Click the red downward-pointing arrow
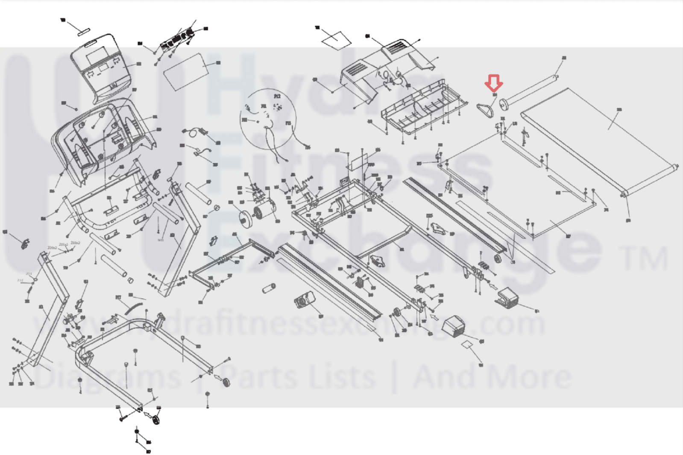[x=494, y=82]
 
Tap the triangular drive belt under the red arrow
[x=486, y=110]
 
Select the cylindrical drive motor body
[x=264, y=211]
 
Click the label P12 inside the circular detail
[x=277, y=97]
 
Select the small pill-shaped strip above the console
[x=82, y=30]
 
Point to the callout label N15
[x=161, y=240]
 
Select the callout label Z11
[x=29, y=273]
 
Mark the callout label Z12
[x=20, y=280]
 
